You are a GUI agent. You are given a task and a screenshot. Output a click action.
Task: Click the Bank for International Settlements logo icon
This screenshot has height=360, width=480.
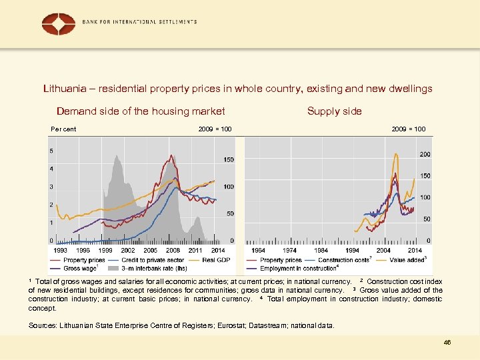58,24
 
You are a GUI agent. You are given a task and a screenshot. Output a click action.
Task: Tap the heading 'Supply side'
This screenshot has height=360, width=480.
334,111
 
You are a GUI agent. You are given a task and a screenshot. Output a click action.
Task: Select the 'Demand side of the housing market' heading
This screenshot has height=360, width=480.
141,111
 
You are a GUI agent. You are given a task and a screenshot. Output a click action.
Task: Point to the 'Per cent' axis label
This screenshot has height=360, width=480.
63,129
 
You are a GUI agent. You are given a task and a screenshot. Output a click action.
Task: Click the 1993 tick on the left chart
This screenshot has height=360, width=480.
60,250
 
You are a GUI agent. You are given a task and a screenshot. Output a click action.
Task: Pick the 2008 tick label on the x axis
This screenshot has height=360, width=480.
173,250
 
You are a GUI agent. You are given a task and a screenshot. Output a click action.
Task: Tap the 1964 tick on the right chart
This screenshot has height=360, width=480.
257,250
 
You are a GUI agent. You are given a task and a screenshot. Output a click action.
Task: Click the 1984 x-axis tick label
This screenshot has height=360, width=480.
321,250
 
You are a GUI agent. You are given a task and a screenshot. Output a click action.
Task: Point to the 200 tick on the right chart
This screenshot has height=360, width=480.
425,154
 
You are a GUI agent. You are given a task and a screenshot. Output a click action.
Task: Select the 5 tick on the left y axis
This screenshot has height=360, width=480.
52,151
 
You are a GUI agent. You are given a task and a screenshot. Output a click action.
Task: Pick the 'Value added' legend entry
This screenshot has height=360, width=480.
405,260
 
